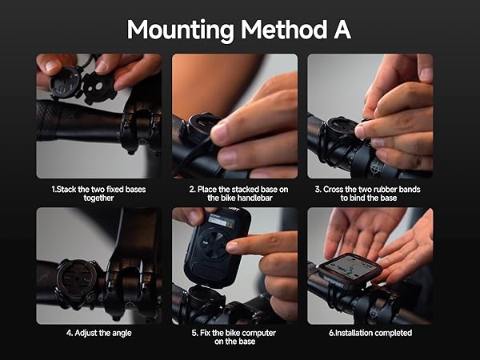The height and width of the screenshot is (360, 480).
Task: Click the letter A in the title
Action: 341,29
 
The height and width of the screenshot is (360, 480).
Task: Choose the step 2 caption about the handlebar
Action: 234,194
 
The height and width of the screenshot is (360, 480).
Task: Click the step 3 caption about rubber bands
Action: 370,194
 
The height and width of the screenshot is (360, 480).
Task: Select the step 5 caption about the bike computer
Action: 234,338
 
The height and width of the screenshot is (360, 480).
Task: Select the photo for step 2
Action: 234,116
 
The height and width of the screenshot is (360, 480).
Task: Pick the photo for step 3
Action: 370,116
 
